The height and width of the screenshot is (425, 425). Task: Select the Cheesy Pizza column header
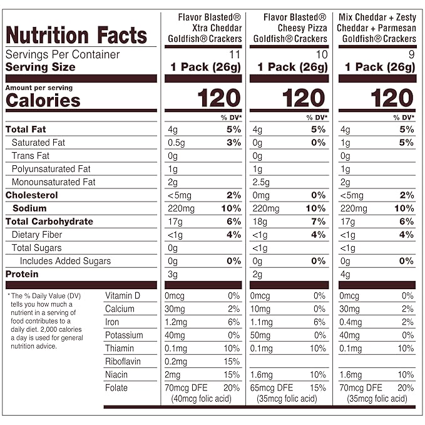[289, 28]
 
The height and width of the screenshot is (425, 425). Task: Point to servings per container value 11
[235, 54]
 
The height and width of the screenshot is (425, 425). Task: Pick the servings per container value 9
[411, 54]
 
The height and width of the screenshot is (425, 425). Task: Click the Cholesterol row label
[31, 195]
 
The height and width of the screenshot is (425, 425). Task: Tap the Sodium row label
[29, 208]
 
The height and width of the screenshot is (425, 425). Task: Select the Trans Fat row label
[30, 156]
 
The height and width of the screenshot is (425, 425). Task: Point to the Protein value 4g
[345, 274]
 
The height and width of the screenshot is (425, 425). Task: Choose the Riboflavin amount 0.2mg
[175, 361]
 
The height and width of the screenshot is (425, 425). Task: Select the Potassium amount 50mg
[261, 335]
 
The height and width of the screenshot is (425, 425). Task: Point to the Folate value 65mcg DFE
[272, 388]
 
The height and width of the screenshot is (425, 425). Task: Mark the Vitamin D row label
[123, 295]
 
